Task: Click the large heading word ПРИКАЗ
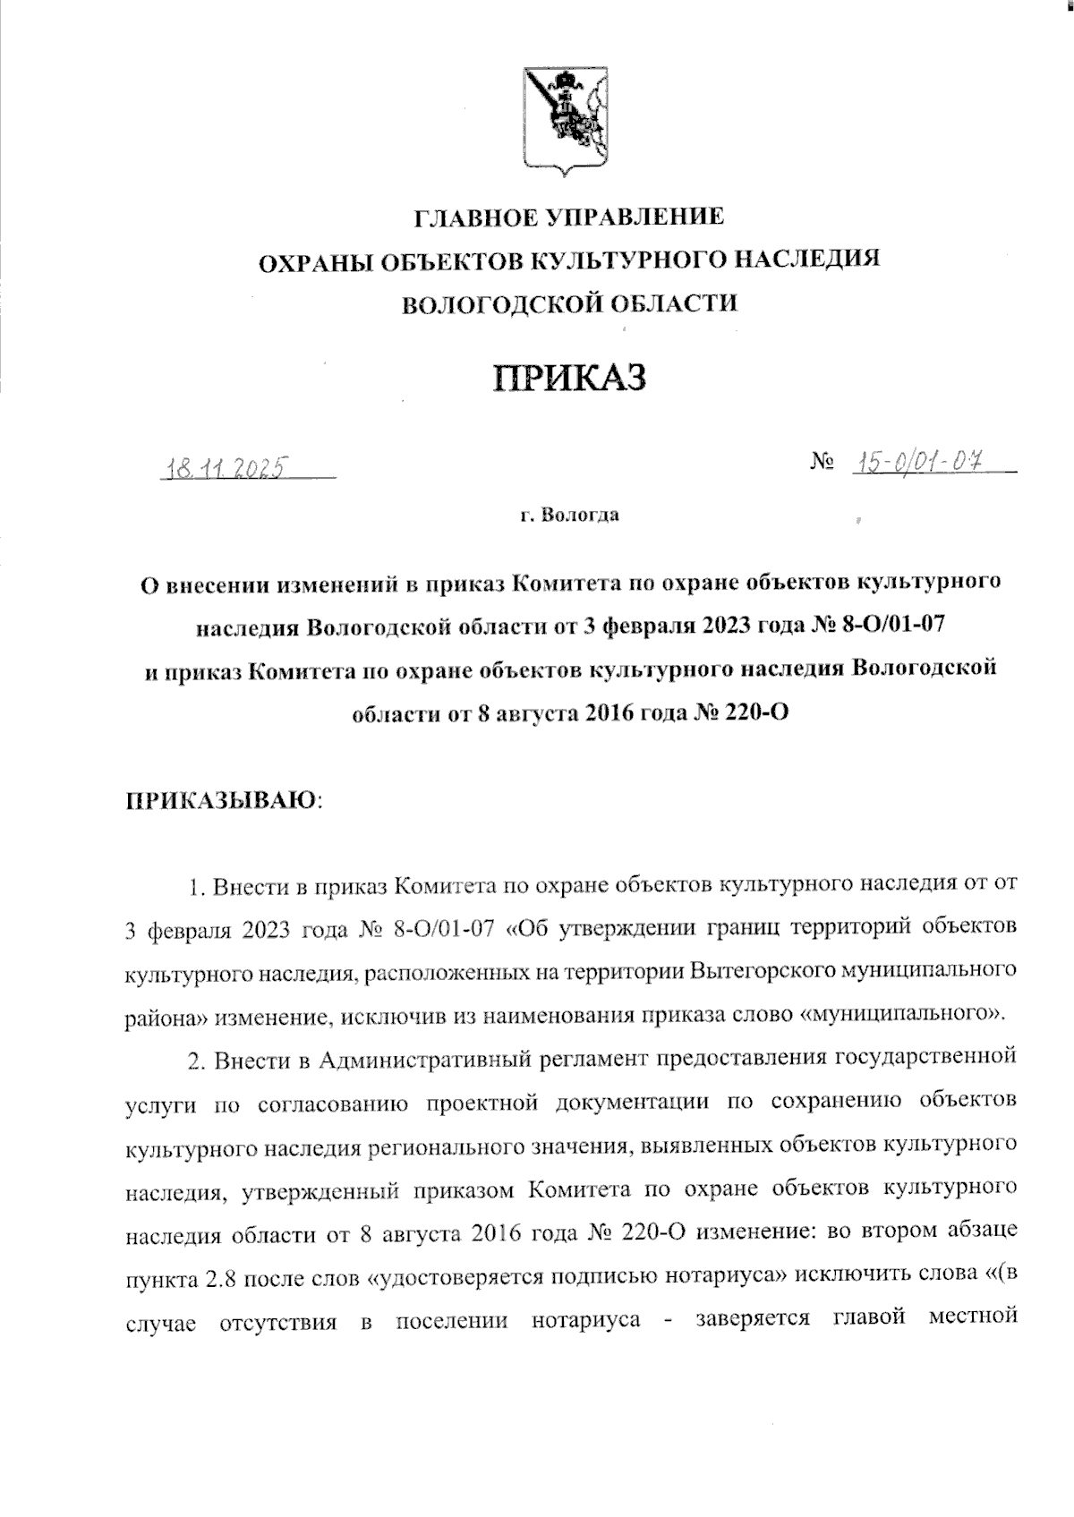point(571,378)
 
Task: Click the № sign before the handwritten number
point(823,463)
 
